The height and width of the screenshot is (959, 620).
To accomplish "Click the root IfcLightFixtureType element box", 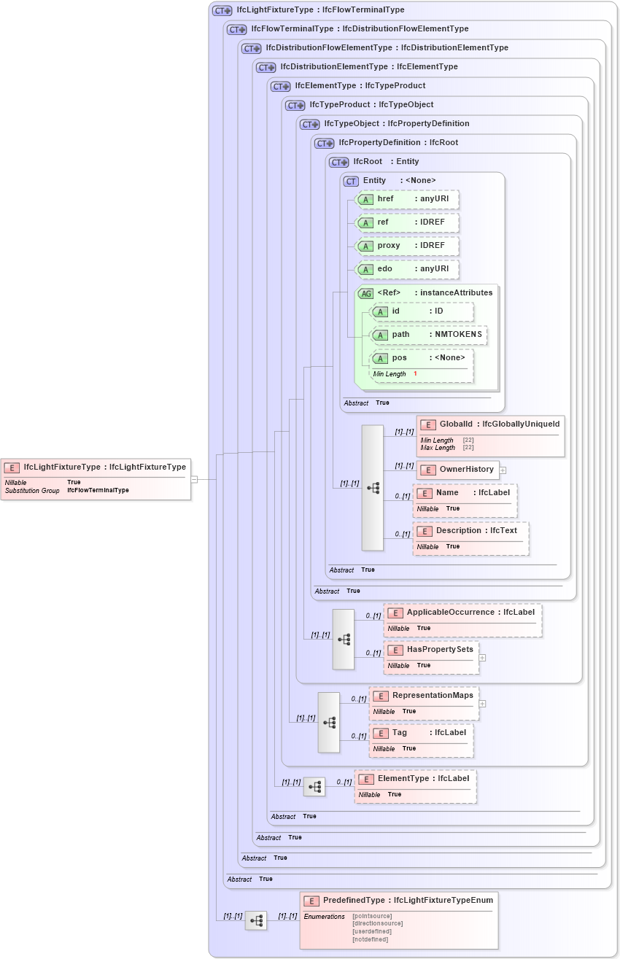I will (x=96, y=478).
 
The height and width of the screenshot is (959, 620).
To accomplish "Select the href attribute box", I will (x=406, y=199).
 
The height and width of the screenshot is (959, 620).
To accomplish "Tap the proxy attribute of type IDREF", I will (x=406, y=246).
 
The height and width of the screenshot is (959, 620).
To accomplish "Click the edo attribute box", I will (x=406, y=269).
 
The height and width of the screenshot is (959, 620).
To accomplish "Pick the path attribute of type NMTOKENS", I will (x=428, y=335).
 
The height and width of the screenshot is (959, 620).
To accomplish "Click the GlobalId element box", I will (x=490, y=435).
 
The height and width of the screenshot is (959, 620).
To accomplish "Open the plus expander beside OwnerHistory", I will (x=503, y=470).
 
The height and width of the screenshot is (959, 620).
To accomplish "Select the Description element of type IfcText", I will (x=470, y=538).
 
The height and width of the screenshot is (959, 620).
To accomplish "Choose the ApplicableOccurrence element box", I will (x=462, y=620).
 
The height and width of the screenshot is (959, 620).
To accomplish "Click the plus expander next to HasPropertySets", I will (x=482, y=658).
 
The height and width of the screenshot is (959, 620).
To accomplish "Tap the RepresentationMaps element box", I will (x=424, y=702).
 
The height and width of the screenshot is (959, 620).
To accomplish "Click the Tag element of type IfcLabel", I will (x=421, y=740).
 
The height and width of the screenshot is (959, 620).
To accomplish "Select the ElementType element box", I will (x=415, y=786).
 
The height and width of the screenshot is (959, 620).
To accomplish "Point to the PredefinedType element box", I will (x=398, y=920).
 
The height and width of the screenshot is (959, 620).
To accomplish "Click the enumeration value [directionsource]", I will (x=377, y=923).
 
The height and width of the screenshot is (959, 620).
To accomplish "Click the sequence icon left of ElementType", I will (x=314, y=787).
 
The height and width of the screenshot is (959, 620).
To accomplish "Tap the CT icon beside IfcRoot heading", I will (x=339, y=162).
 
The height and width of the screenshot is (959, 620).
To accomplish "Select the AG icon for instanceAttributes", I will (x=365, y=293).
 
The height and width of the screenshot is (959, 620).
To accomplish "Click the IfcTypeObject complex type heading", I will (x=397, y=124).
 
